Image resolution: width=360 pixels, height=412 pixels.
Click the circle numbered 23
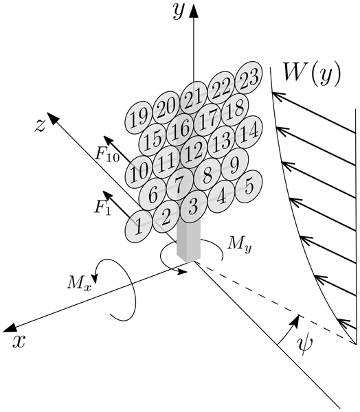249,78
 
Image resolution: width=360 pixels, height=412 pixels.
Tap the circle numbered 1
138,226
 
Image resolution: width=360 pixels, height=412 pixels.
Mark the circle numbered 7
180,185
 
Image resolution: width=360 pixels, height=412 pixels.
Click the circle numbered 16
180,130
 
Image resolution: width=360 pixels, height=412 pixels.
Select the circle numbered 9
235,164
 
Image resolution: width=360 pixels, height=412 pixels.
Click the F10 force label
107,154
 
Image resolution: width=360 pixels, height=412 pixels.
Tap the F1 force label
102,208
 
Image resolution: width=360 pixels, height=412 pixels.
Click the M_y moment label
239,244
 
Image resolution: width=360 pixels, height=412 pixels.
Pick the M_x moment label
79,284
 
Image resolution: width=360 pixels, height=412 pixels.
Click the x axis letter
19,341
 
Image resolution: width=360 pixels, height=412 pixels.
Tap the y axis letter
178,12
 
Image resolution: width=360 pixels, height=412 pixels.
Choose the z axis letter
40,126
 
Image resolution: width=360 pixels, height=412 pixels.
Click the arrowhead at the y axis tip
194,10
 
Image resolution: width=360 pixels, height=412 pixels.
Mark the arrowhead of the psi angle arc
296,321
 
